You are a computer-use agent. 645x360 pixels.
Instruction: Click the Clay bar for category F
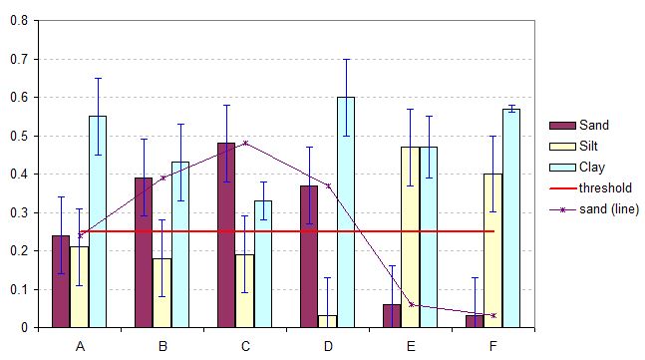coord(511,218)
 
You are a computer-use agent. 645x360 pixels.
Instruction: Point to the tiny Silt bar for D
coord(328,321)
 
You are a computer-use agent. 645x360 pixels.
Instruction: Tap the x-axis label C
coord(245,345)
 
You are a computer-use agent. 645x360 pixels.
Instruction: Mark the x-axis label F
coord(493,345)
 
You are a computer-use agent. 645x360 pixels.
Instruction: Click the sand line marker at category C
coord(245,143)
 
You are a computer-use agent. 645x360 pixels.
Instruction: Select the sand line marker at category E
coord(411,305)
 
